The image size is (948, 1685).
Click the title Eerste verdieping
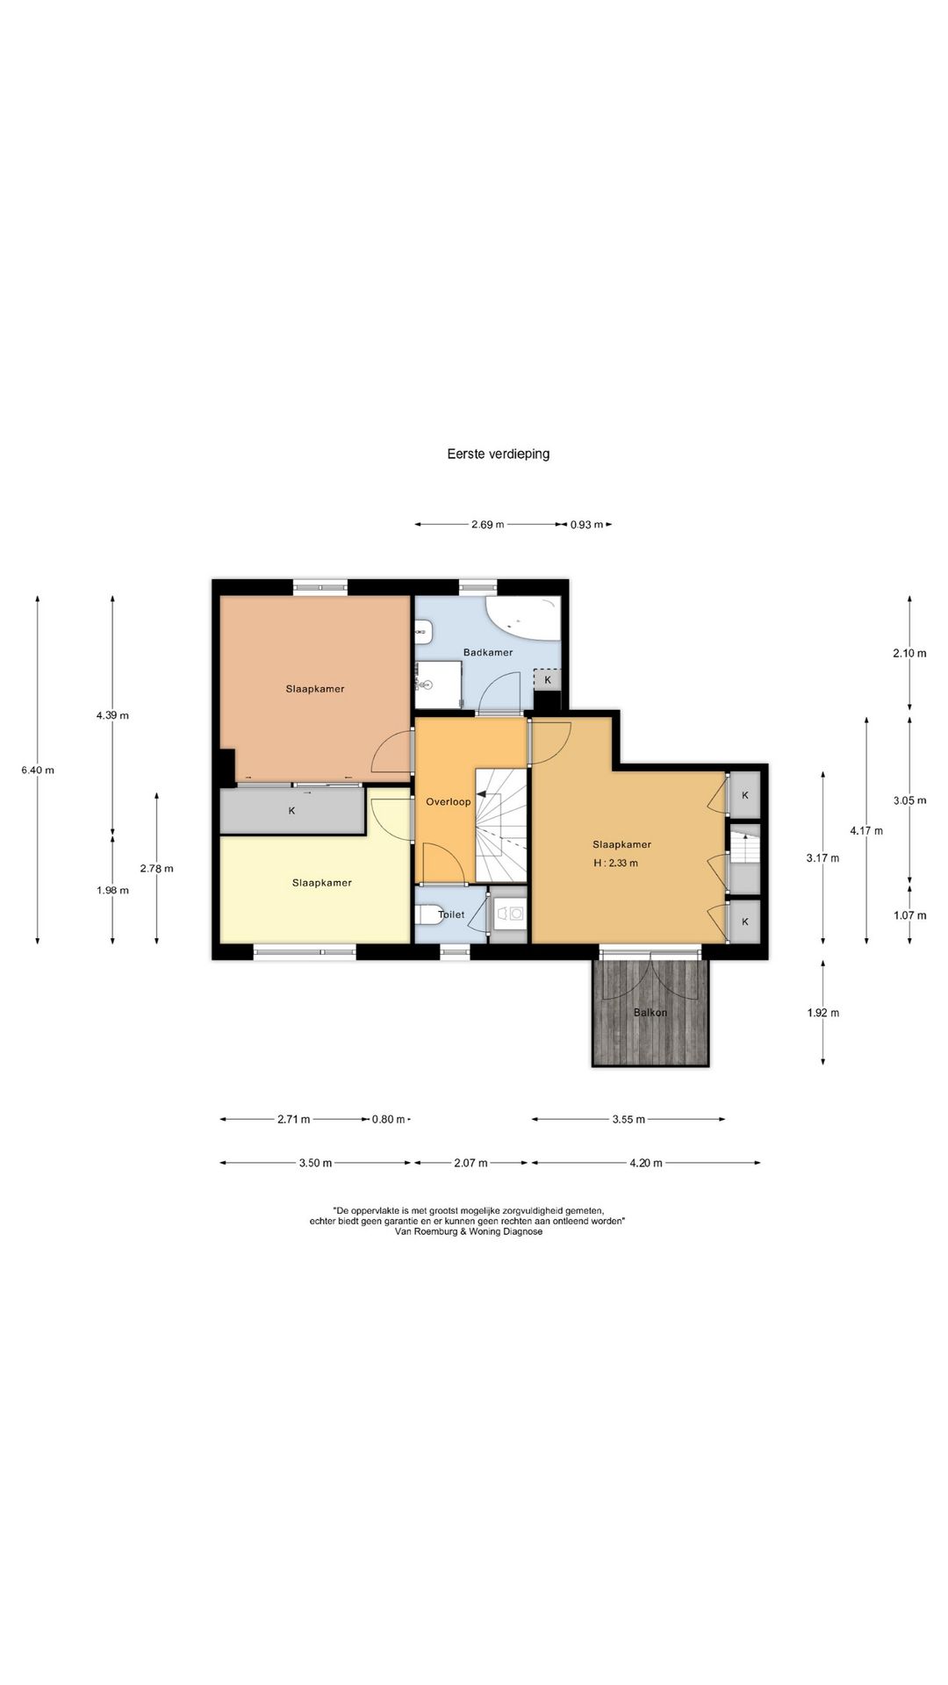pyautogui.click(x=498, y=454)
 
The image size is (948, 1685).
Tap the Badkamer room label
pyautogui.click(x=488, y=652)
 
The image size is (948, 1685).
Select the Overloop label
pyautogui.click(x=449, y=801)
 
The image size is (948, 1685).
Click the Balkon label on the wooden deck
pyautogui.click(x=650, y=1012)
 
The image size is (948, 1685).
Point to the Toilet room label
pyautogui.click(x=451, y=914)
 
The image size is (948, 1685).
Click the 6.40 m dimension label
pyautogui.click(x=38, y=771)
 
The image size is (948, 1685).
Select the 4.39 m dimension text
pyautogui.click(x=112, y=715)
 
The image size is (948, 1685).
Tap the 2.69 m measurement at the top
pyautogui.click(x=488, y=525)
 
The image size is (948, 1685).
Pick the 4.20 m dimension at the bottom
pyautogui.click(x=646, y=1163)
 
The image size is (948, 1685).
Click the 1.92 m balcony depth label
pyautogui.click(x=822, y=1012)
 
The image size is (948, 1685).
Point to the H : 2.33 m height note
pyautogui.click(x=615, y=863)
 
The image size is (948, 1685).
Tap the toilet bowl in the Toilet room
pyautogui.click(x=428, y=914)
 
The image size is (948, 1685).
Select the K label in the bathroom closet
pyautogui.click(x=548, y=680)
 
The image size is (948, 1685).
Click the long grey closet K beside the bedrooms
pyautogui.click(x=292, y=811)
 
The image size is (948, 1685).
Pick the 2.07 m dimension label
pyautogui.click(x=470, y=1163)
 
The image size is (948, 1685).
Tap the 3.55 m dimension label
pyautogui.click(x=628, y=1119)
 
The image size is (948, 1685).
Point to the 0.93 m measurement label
pyautogui.click(x=586, y=525)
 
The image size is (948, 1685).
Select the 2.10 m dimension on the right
pyautogui.click(x=909, y=653)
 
